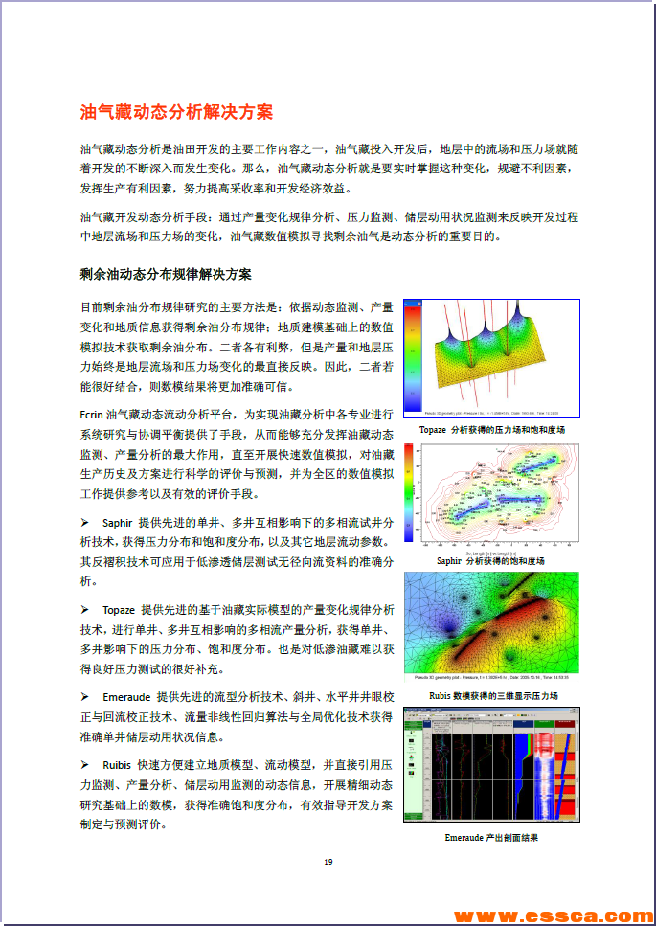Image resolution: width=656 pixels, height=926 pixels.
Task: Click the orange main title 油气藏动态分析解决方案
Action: tap(177, 112)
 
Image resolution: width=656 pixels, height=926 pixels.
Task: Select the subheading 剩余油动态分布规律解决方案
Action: tap(166, 275)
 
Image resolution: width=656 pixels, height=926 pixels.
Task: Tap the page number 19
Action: tap(328, 862)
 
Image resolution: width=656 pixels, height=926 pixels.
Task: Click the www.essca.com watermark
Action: tap(554, 915)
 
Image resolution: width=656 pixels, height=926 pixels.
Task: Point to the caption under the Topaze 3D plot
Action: tap(491, 430)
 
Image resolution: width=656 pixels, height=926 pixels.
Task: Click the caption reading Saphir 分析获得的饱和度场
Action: tap(490, 561)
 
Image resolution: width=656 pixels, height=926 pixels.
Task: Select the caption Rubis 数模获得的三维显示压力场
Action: tap(492, 695)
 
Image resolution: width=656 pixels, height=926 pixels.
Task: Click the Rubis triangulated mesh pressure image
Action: tap(492, 628)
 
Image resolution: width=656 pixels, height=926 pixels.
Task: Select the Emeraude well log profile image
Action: tap(491, 765)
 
